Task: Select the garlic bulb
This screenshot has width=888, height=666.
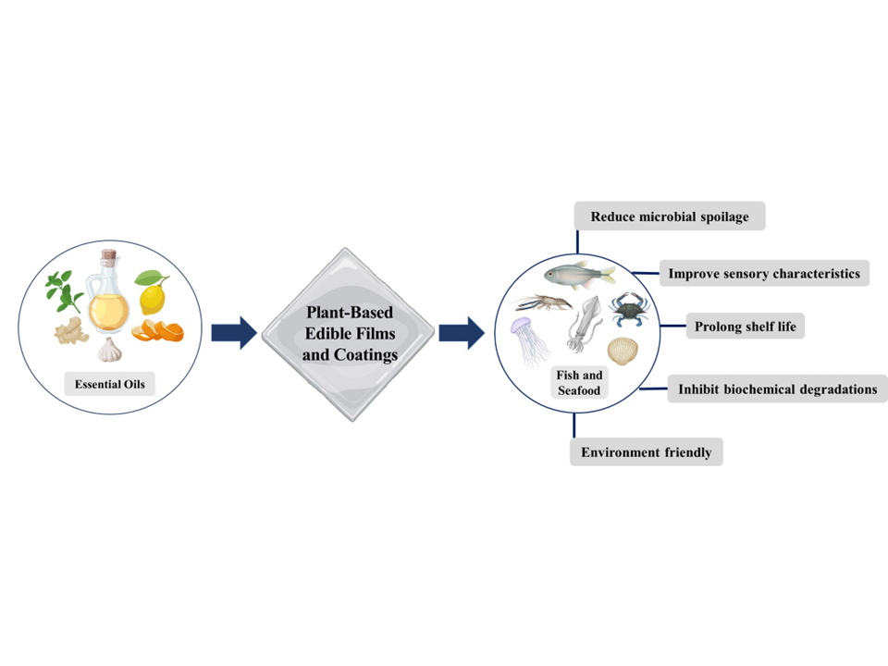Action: pos(109,350)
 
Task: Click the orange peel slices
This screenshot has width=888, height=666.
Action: pos(150,330)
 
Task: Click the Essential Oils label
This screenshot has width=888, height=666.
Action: pos(108,382)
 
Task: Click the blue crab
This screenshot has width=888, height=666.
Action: pos(628,306)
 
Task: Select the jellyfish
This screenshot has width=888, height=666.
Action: pos(524,337)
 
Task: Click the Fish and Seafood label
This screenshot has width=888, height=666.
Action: pos(580,383)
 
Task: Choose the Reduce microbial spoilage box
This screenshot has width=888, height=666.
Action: pos(670,216)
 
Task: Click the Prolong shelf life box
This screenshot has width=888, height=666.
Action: pos(745,326)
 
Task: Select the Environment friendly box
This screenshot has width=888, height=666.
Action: pos(646,452)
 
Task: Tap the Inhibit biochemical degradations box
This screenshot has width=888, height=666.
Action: pos(777,388)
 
